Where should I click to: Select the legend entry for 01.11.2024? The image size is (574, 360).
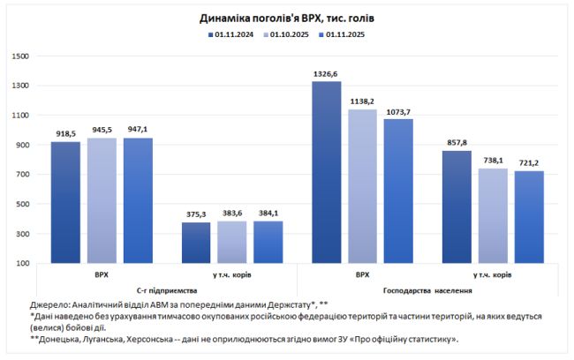tap(227, 34)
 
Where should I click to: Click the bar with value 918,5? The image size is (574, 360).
tap(66, 202)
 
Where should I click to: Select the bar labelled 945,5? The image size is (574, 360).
tap(102, 200)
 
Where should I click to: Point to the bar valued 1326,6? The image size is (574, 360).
tap(327, 172)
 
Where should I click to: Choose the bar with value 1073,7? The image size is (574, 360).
tap(398, 191)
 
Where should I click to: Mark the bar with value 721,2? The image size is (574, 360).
tap(529, 217)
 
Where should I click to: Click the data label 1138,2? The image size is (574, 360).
tap(362, 101)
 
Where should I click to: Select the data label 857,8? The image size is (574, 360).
tap(457, 143)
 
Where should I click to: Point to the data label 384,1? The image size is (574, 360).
tap(268, 213)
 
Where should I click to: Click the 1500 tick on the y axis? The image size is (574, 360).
tap(21, 56)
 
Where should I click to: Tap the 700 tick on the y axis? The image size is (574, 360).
tap(23, 175)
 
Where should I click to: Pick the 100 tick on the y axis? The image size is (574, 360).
tap(23, 264)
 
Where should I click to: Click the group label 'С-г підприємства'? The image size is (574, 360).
tap(167, 290)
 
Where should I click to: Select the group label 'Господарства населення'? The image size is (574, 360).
tap(427, 290)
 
